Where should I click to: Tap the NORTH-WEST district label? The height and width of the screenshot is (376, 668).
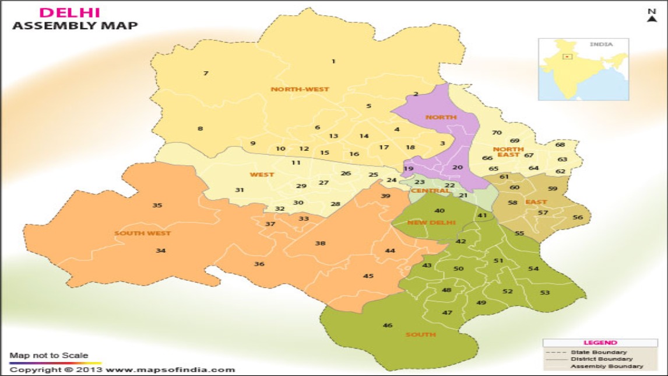[x=300, y=89]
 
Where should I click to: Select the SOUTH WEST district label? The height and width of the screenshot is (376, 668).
[x=142, y=234]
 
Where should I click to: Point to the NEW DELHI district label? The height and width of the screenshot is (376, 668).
[x=431, y=222]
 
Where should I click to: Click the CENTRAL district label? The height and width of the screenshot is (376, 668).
[x=430, y=191]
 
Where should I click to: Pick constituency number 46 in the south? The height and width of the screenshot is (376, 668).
[x=388, y=325]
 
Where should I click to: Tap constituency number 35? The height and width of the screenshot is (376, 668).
[x=157, y=205]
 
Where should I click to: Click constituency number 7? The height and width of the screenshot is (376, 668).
[x=206, y=73]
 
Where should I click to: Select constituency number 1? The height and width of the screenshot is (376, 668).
[x=333, y=61]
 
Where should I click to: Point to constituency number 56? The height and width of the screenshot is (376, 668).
[x=578, y=217]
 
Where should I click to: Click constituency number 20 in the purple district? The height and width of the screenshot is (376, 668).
[x=458, y=168]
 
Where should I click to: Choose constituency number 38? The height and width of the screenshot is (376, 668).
[x=320, y=243]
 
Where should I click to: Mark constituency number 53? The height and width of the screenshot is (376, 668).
[x=545, y=293]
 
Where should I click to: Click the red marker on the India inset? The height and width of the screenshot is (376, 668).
[x=566, y=57]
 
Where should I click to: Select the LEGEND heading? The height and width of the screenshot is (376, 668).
[x=600, y=343]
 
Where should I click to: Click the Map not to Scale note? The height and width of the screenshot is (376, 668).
[x=48, y=355]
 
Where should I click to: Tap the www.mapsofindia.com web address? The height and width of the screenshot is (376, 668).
[x=170, y=370]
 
